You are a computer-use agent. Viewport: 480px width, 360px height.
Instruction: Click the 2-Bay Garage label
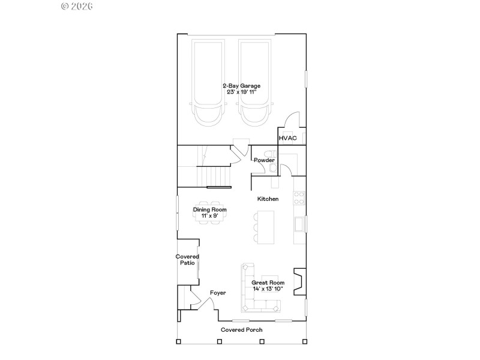pos(241,86)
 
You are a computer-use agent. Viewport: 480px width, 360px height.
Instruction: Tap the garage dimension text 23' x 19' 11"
pos(241,92)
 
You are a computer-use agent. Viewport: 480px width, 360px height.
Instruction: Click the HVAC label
pos(287,138)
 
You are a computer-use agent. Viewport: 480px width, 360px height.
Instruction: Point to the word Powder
pos(264,160)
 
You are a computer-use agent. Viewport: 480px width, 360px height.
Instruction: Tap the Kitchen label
pos(268,199)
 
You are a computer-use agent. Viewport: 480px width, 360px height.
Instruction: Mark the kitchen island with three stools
pos(265,227)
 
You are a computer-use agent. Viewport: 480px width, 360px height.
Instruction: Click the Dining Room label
pos(209,209)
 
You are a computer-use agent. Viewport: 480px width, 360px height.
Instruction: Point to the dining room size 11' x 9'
pos(209,215)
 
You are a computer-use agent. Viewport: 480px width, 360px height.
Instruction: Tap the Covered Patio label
pos(187,260)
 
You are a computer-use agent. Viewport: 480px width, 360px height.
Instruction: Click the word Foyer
pos(218,293)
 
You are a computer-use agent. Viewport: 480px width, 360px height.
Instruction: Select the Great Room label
pos(268,283)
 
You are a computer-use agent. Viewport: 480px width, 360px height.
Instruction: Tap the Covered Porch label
pos(241,329)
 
